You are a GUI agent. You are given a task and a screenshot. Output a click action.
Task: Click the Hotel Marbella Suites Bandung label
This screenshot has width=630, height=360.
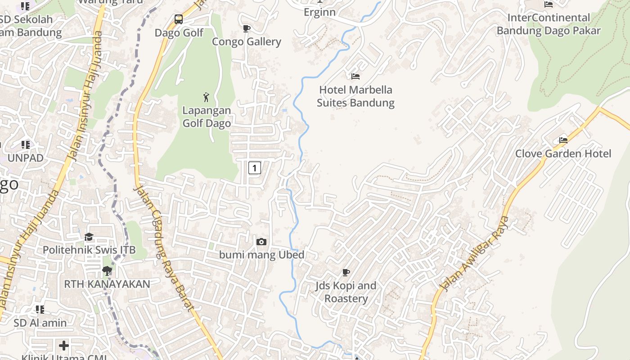355,96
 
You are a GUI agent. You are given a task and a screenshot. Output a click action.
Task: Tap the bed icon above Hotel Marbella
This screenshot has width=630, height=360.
355,76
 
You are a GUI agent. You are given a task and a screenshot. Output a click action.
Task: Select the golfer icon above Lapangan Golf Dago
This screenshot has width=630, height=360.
206,97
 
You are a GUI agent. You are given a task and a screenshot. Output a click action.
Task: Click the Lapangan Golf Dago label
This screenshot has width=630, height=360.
207,117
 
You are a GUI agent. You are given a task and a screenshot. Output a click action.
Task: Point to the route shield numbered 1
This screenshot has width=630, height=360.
254,168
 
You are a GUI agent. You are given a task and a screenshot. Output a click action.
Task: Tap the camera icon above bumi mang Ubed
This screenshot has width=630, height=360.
261,242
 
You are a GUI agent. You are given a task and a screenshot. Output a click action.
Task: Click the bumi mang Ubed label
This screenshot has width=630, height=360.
262,255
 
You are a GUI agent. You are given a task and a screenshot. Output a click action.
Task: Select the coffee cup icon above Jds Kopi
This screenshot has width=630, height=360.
346,272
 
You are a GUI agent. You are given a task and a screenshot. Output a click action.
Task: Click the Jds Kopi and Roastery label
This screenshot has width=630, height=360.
346,292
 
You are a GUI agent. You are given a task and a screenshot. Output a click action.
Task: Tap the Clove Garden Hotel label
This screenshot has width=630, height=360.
563,153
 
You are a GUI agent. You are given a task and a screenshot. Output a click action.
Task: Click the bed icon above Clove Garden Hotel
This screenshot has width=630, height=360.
563,140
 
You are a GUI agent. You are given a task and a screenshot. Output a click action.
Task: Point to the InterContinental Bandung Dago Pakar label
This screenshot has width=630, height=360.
549,24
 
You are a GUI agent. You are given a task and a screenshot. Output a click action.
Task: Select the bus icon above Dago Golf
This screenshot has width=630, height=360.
179,19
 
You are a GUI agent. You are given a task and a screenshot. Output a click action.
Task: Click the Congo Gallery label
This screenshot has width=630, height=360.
247,42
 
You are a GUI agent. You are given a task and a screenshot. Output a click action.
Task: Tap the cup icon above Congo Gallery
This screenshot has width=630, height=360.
246,29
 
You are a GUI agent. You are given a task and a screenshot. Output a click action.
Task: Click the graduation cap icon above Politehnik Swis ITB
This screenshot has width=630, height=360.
89,237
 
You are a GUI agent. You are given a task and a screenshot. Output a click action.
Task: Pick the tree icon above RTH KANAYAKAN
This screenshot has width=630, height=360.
107,271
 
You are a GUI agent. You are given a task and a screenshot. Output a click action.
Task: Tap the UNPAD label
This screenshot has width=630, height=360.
26,158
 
